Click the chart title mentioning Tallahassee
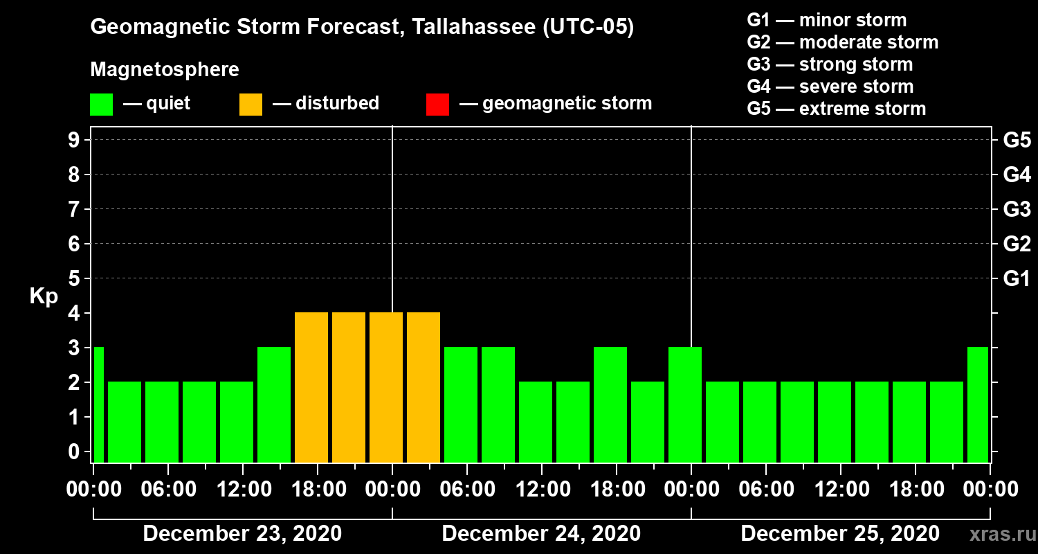coord(362,28)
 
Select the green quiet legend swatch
coord(101,104)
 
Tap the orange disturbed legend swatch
coord(251,104)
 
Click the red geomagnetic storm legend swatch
coord(437,104)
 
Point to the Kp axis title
coord(43,296)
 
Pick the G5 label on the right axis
coord(1017,140)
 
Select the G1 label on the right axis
coord(1017,278)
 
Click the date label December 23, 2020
coord(242,534)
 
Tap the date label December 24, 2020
coord(541,534)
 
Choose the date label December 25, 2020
coord(840,534)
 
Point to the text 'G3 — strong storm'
coord(830,64)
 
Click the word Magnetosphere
coord(165,70)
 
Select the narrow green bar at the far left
coord(98,404)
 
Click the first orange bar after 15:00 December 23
coord(311,387)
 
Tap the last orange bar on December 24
coord(424,387)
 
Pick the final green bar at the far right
coord(978,404)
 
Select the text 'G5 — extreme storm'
coord(836,109)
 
